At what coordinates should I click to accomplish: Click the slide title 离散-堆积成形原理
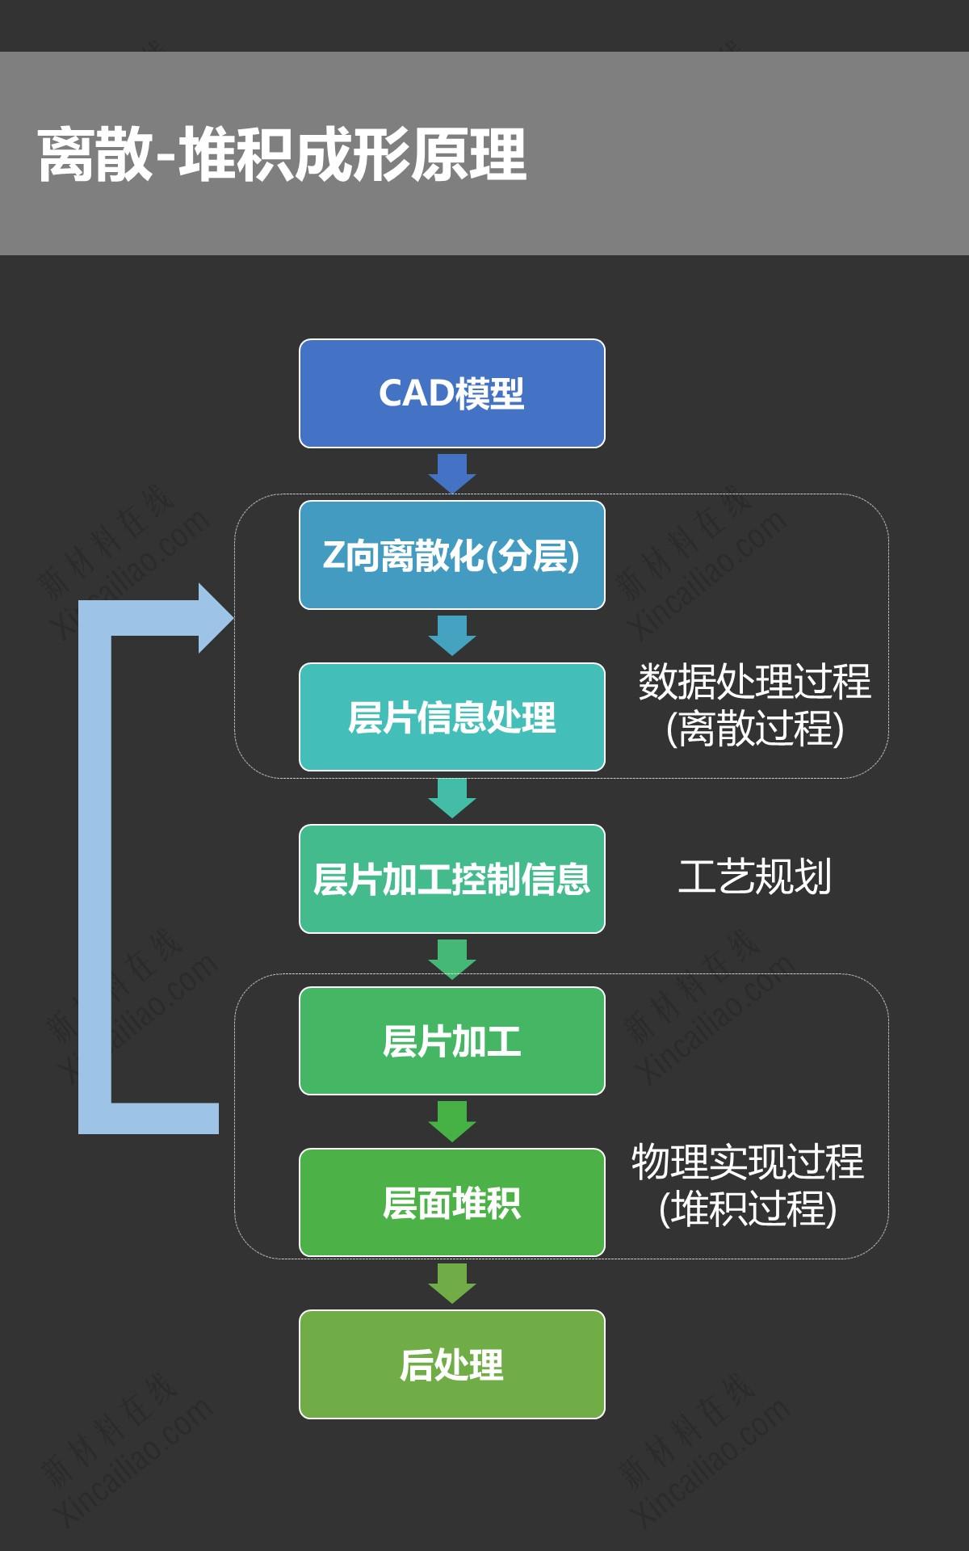coord(283,153)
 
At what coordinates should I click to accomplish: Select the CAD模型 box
coord(452,393)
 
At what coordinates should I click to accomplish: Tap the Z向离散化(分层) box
coord(452,555)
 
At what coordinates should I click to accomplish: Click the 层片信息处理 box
coord(452,717)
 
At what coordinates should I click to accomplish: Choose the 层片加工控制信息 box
coord(452,879)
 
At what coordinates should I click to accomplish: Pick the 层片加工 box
coord(452,1040)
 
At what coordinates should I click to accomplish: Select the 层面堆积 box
coord(452,1202)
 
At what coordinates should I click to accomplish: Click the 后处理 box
coord(452,1364)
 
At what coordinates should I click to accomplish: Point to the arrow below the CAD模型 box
coord(452,473)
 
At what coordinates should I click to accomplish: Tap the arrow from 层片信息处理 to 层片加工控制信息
coord(452,797)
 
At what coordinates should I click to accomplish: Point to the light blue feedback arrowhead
coord(215,618)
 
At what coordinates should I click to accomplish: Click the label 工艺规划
coord(754,877)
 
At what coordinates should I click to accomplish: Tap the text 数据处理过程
coord(754,681)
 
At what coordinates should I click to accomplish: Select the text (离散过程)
coord(754,728)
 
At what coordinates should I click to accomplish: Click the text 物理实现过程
coord(748,1162)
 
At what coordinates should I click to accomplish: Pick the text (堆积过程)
coord(748,1208)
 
